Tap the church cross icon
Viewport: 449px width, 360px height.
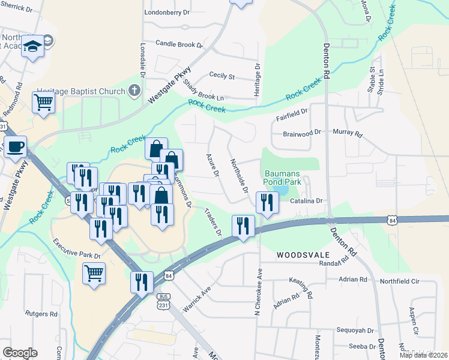(134, 92)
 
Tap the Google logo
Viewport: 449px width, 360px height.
(20, 353)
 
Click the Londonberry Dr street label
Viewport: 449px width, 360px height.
(167, 12)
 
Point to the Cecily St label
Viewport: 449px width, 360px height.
(221, 76)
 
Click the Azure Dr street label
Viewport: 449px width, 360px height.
(212, 164)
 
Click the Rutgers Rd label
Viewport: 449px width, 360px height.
(41, 314)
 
